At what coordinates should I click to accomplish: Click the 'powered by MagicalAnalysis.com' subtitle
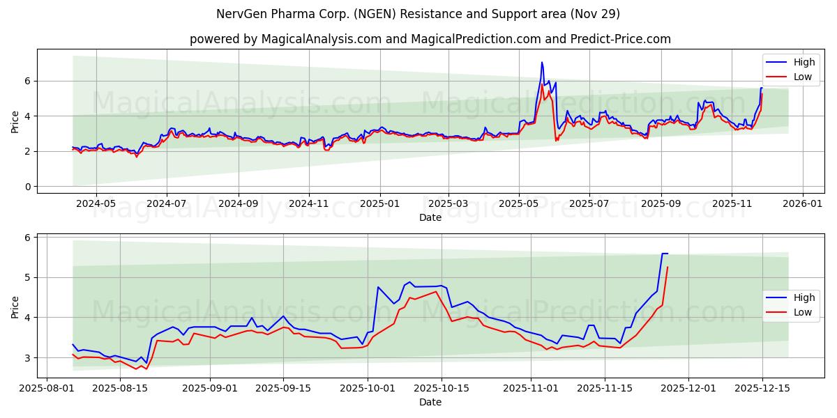[430, 39]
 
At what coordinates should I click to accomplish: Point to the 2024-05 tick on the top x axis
[95, 203]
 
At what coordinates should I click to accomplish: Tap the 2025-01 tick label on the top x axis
[380, 203]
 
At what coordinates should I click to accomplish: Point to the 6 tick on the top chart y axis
[28, 81]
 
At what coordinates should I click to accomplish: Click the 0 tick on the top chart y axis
[28, 187]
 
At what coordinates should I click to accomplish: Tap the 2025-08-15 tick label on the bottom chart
[120, 388]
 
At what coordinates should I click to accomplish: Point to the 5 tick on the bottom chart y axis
[28, 277]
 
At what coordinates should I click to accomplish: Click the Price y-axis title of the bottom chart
[15, 306]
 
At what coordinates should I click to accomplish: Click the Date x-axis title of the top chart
[430, 217]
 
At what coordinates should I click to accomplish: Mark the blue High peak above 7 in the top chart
[542, 62]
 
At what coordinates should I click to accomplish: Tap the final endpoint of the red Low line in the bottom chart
[668, 267]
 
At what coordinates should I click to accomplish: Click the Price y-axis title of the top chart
[15, 121]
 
